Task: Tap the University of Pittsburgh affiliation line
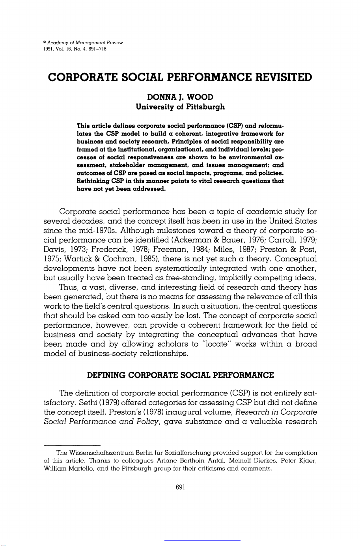click(x=180, y=107)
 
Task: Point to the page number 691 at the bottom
click(x=180, y=487)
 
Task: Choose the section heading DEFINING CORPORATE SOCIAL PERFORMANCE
click(x=180, y=375)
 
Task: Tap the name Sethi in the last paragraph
click(x=75, y=403)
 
